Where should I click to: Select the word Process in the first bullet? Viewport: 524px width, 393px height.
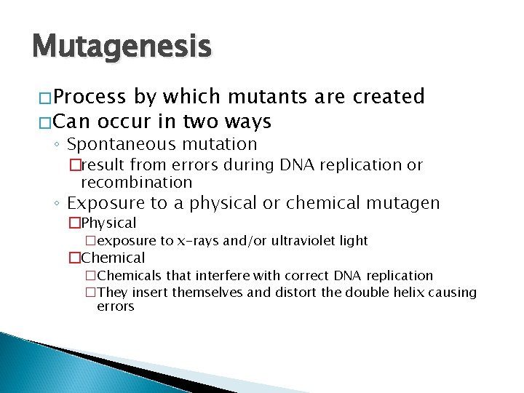click(86, 97)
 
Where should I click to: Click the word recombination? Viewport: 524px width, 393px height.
click(137, 182)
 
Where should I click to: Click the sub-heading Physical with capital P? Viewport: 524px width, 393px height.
click(108, 223)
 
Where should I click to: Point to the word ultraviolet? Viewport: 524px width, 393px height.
click(303, 240)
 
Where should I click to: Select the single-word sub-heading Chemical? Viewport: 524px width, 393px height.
click(113, 258)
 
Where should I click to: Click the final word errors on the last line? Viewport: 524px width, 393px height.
click(115, 307)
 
